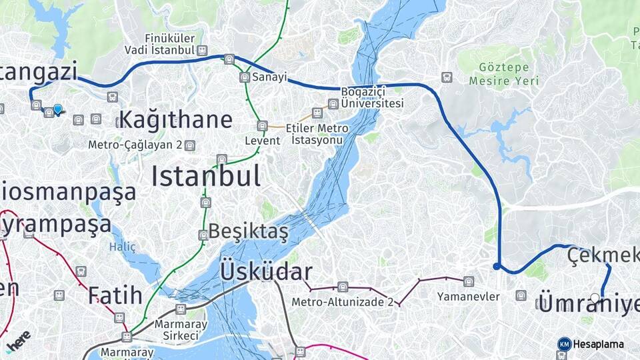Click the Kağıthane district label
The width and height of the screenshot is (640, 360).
tap(175, 121)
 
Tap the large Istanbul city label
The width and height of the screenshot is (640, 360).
tap(205, 177)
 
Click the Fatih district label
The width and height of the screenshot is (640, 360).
tap(115, 294)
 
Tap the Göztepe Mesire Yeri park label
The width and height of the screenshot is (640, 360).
tap(503, 75)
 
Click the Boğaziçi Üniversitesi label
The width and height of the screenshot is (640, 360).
tap(373, 98)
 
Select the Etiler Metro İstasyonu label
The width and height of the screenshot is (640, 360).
tap(317, 133)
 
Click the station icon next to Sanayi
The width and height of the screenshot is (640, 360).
tap(244, 77)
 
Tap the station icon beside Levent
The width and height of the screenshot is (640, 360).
tap(263, 126)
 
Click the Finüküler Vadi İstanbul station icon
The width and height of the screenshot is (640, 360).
tap(202, 50)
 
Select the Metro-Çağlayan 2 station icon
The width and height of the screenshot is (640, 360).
tap(190, 145)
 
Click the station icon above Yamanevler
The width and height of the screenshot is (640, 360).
tap(469, 281)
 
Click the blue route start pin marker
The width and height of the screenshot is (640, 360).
tap(58, 109)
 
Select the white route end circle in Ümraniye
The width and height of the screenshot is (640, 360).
tap(595, 297)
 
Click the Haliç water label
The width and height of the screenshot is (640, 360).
tap(122, 247)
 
